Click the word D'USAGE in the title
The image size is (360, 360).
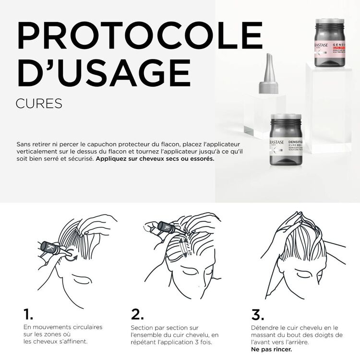[103, 73]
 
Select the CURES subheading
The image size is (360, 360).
[39, 103]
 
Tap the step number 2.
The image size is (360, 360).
[137, 314]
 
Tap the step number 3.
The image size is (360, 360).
[258, 314]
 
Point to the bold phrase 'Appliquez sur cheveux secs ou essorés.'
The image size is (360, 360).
[155, 158]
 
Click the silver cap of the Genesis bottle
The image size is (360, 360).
[329, 22]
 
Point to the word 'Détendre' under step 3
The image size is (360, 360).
[265, 327]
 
